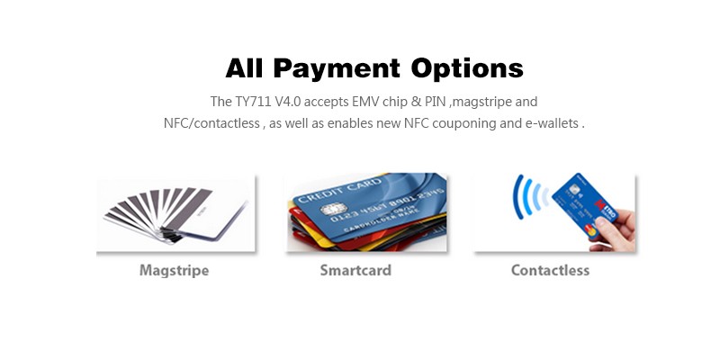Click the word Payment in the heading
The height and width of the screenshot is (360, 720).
[337, 69]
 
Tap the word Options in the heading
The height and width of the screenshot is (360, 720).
[467, 68]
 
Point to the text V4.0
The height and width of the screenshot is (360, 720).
[288, 102]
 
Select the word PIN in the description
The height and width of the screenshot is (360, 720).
[436, 102]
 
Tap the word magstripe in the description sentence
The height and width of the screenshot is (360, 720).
[481, 102]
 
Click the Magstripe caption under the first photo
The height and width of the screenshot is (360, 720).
[174, 271]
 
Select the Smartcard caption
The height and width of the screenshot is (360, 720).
[355, 270]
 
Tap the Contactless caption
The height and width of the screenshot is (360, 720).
[550, 270]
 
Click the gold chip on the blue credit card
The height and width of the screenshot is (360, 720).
[333, 210]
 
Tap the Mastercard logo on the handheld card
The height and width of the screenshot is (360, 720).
[592, 230]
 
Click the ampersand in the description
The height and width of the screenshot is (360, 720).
[416, 102]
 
